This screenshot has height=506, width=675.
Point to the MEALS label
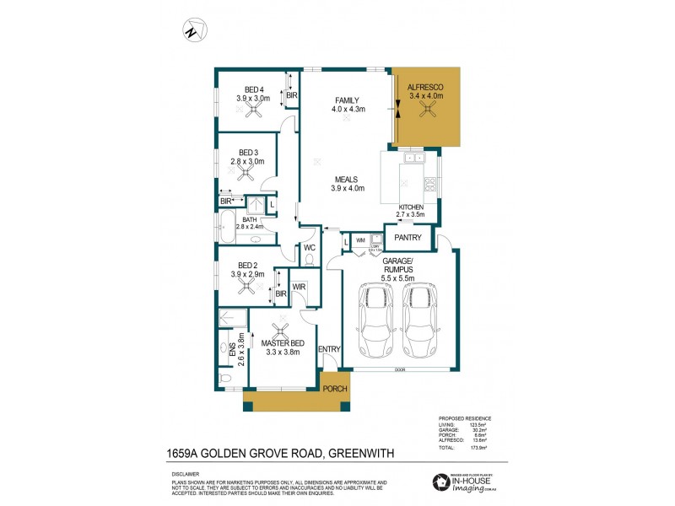click(347, 180)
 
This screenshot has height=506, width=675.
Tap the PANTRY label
click(409, 238)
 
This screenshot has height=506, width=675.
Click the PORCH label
click(335, 388)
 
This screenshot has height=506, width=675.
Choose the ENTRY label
click(328, 348)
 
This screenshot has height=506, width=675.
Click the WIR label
click(299, 288)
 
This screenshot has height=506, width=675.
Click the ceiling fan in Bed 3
click(246, 173)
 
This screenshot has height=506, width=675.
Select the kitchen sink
click(414, 158)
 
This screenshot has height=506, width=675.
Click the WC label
click(309, 247)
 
